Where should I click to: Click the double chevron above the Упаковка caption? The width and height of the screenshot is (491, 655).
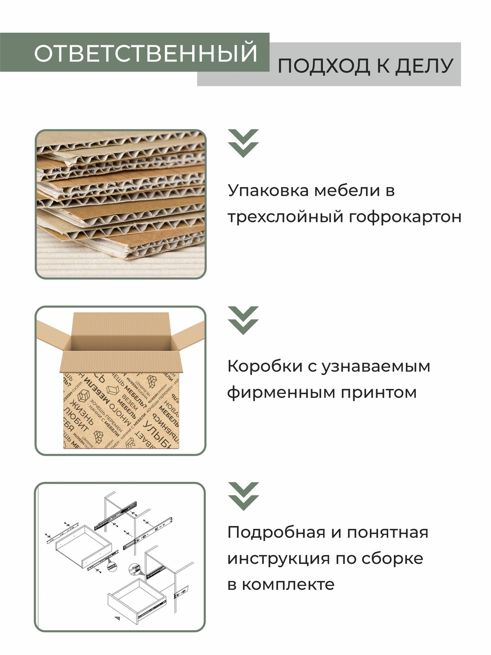(244, 143)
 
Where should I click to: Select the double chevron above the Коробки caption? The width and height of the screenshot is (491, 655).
(244, 320)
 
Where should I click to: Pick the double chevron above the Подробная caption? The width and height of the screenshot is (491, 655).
(244, 496)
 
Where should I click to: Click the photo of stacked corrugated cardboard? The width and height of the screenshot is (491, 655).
(120, 204)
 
